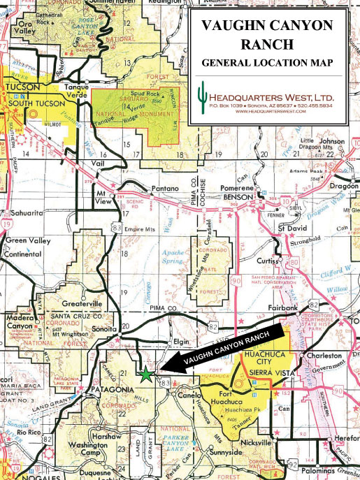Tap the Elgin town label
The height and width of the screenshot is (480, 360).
181,342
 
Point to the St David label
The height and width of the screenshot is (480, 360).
292,228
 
